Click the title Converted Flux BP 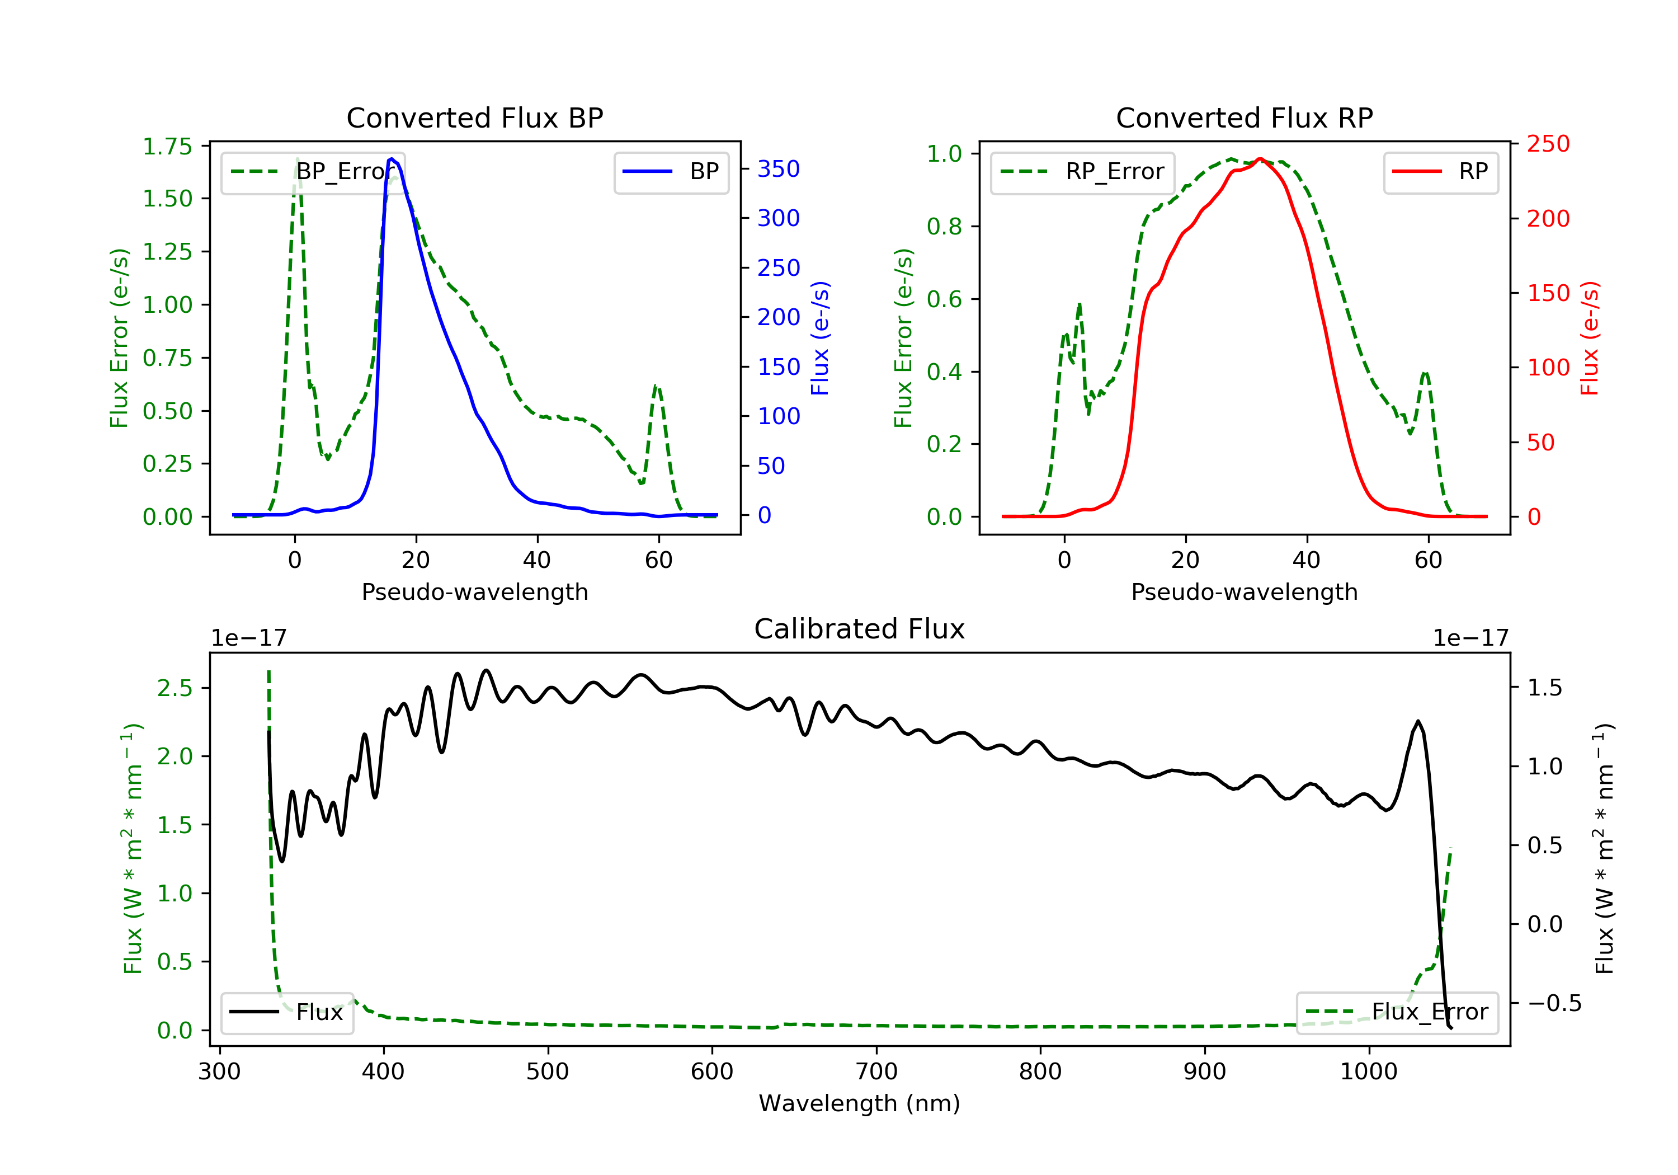point(474,117)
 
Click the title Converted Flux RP point(1244,117)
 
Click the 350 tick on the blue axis point(779,169)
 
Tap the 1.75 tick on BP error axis point(167,146)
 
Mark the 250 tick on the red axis point(1548,144)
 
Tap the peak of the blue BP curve point(392,159)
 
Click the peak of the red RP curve point(1260,159)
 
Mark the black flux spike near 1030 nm point(1418,722)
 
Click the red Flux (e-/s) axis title point(1590,338)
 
